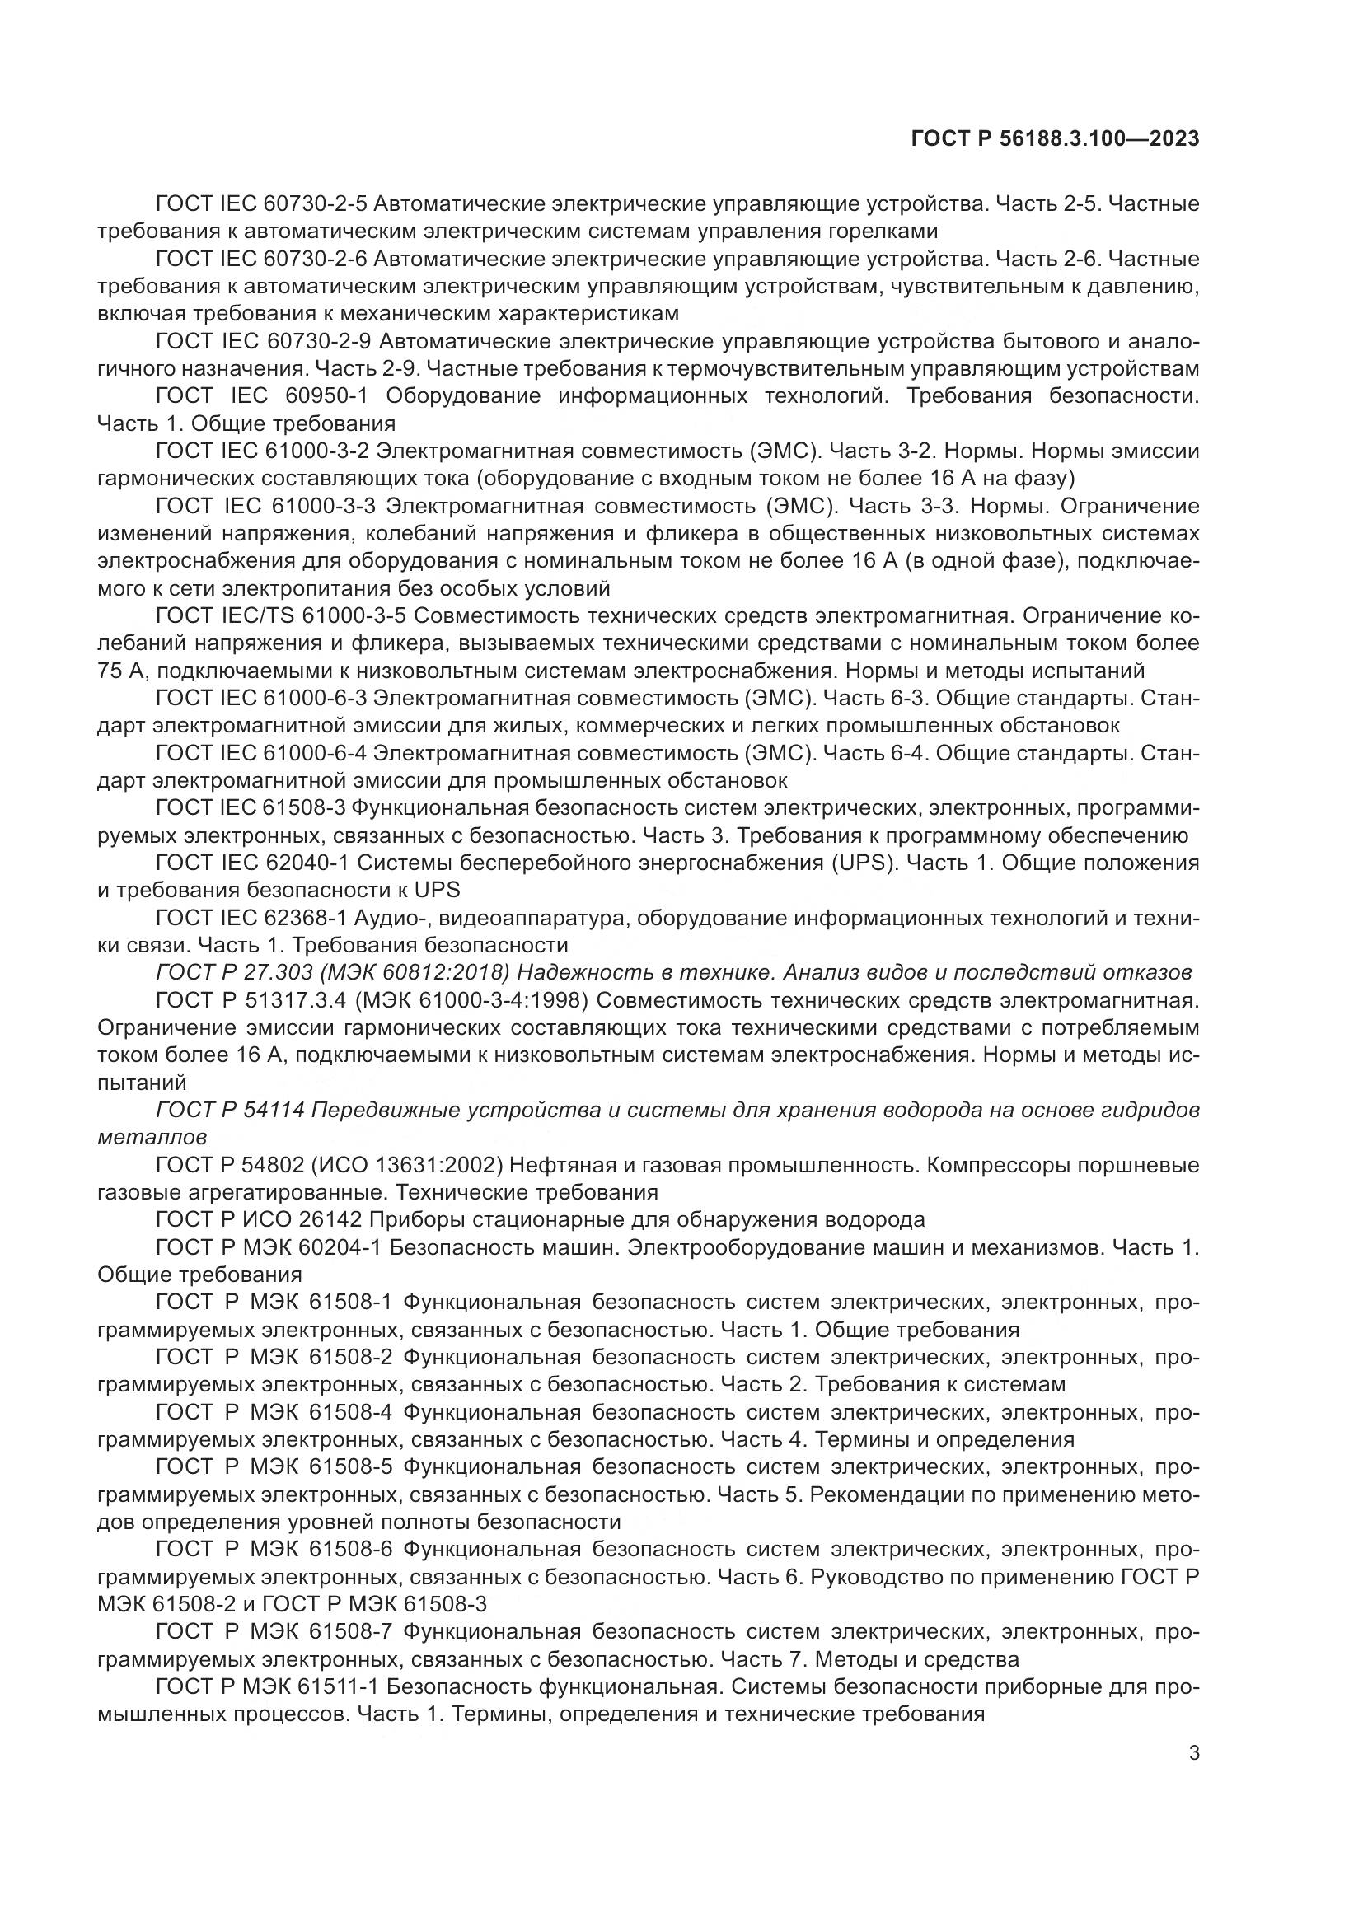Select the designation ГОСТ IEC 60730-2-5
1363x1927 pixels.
(262, 204)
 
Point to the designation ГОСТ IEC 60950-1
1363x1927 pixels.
(264, 396)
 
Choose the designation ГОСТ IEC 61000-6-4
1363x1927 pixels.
(262, 754)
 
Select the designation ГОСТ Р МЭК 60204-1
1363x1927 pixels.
(269, 1247)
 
